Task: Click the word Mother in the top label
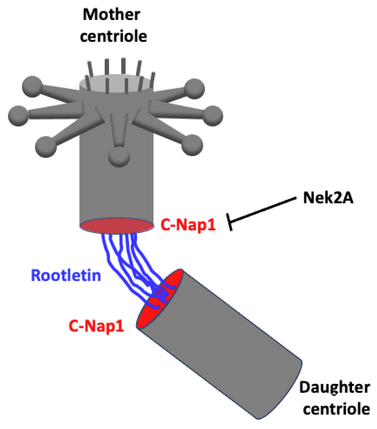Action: [x=112, y=15]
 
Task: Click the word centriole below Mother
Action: [x=113, y=36]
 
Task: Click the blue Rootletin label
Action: [x=66, y=275]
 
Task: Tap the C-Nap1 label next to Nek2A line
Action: [x=188, y=225]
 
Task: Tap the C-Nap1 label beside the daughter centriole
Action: [x=96, y=326]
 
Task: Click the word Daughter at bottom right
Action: [x=334, y=388]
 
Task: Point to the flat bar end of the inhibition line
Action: [x=230, y=222]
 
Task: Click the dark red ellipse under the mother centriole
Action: [x=116, y=226]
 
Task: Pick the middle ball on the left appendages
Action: [x=17, y=114]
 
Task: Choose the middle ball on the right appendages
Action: [x=213, y=115]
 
